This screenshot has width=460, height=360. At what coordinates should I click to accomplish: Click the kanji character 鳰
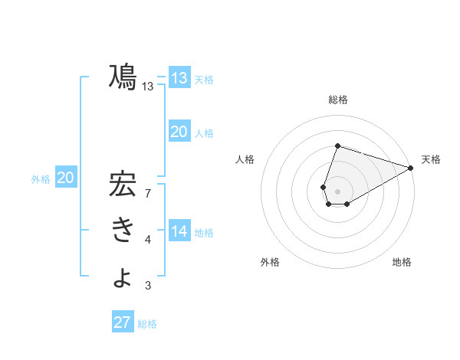pos(123,77)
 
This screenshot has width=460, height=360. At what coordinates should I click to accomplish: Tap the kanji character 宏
pos(123,185)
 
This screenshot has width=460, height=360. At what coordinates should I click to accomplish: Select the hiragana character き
pos(123,231)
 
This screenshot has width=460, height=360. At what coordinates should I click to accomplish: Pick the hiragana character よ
pos(123,277)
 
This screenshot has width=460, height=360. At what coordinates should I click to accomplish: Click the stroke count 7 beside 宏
pos(148,194)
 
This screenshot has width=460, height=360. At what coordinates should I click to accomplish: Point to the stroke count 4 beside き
pos(148,240)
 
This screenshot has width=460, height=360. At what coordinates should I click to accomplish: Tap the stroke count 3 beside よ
pos(148,286)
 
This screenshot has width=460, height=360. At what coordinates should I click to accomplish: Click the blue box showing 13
pos(179,77)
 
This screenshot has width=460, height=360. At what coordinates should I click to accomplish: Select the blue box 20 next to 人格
pos(179,132)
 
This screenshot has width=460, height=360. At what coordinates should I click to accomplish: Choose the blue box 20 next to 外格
pos(66,178)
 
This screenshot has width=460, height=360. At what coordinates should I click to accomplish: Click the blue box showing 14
pos(179,231)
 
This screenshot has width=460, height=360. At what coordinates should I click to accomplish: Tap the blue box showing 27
pos(123,322)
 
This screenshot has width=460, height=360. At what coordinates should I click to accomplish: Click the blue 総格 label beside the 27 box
pos(147,324)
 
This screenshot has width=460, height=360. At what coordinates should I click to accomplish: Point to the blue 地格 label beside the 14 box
pos(204,233)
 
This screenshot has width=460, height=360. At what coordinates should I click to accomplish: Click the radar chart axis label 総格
pos(337,100)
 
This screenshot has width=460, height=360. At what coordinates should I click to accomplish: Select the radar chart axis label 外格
pos(270,262)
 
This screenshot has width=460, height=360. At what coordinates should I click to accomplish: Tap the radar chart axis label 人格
pos(245,159)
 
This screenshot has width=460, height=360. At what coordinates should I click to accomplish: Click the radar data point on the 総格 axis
pos(337,146)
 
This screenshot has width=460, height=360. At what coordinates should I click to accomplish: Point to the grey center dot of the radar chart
pos(337,191)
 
